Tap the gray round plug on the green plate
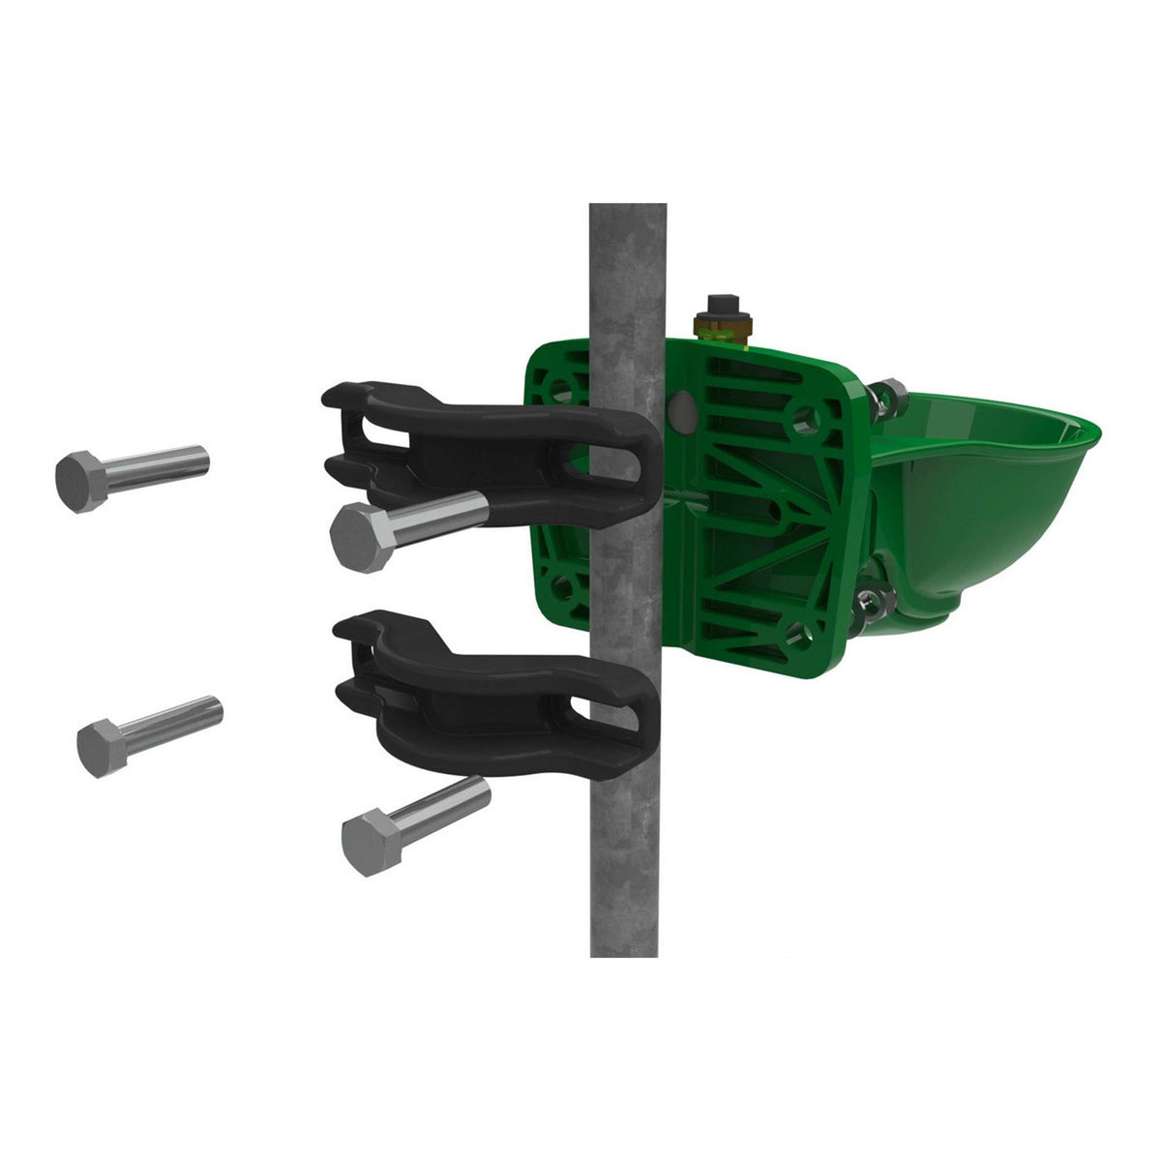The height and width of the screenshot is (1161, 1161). coord(681,410)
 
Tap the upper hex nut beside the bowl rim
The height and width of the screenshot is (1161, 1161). coord(886,396)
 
